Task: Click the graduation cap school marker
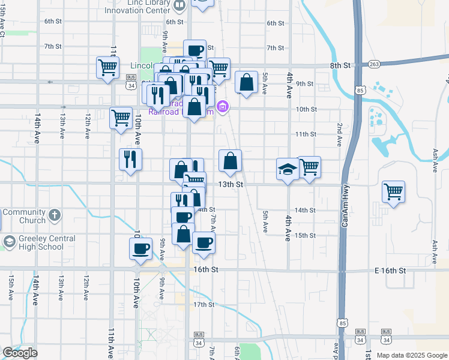(288, 169)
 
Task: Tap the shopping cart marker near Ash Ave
(393, 192)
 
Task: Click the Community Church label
(23, 216)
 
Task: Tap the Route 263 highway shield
(375, 64)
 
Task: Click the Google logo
(20, 353)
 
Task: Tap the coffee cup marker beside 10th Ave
(141, 248)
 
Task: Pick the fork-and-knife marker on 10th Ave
(130, 159)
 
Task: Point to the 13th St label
(230, 185)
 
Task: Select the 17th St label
(203, 305)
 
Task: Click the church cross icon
(55, 214)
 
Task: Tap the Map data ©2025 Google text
(412, 355)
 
